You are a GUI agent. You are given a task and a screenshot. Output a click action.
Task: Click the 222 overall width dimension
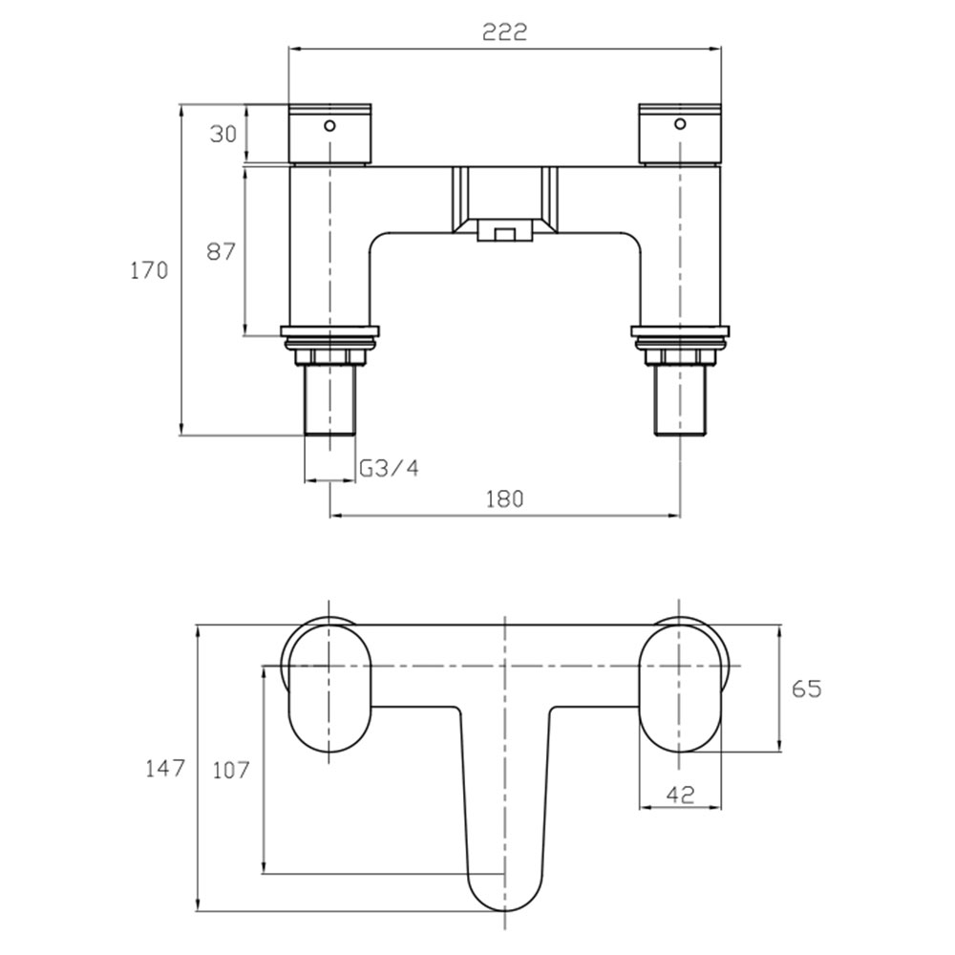(x=504, y=32)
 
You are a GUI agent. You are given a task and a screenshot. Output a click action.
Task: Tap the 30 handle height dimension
(x=223, y=134)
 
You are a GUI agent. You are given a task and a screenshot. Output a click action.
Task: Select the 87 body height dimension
(x=221, y=251)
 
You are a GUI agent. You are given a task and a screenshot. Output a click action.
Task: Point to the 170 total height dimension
(x=149, y=270)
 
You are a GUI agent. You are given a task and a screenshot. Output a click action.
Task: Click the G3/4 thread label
(x=390, y=468)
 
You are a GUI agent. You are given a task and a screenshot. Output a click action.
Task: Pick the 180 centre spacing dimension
(x=504, y=499)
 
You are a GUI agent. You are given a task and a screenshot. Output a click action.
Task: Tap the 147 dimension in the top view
(x=164, y=769)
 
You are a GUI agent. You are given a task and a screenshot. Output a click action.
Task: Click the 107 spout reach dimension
(x=231, y=771)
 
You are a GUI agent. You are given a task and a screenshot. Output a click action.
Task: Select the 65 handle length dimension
(x=806, y=689)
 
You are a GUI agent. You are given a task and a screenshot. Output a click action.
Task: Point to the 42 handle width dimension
(x=680, y=795)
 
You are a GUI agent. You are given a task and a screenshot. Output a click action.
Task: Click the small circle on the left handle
(x=329, y=126)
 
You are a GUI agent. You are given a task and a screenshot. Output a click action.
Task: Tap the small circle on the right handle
(x=680, y=125)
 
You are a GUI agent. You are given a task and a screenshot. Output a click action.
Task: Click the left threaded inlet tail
(x=329, y=400)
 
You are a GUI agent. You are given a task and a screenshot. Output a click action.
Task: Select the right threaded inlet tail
(x=680, y=400)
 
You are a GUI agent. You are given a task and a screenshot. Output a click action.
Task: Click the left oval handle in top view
(x=329, y=689)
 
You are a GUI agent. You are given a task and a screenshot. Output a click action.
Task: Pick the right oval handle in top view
(x=680, y=689)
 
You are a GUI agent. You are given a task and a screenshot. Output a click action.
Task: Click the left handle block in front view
(x=329, y=134)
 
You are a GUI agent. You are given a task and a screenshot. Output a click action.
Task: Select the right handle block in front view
(x=680, y=134)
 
